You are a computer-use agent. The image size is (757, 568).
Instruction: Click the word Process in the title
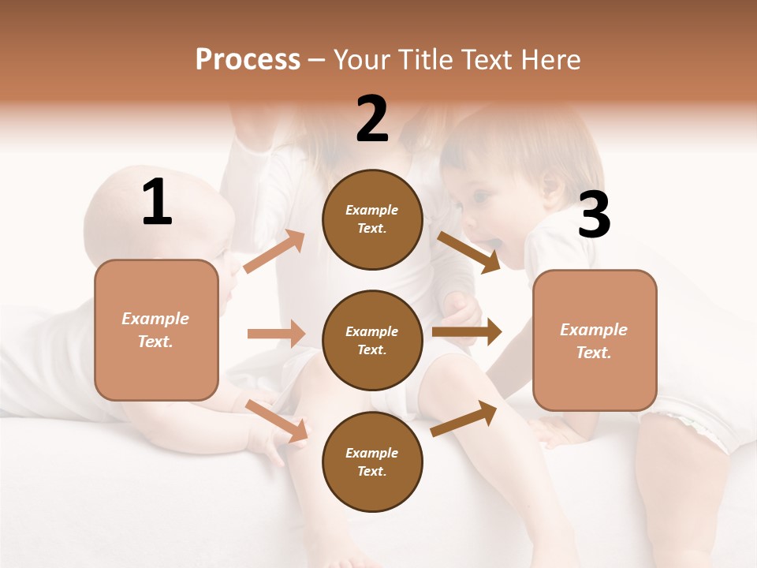248,59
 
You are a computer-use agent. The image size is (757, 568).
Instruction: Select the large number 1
157,203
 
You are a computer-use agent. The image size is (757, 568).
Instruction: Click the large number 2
372,119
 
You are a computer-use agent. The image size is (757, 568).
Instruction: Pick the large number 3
594,215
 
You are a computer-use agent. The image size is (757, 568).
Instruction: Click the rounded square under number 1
156,330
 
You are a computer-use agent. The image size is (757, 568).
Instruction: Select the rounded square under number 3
595,341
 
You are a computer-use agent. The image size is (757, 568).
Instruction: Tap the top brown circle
372,219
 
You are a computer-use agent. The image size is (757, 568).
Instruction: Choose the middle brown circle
372,340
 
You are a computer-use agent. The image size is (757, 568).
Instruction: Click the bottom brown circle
372,461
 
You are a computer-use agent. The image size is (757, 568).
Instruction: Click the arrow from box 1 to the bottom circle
277,420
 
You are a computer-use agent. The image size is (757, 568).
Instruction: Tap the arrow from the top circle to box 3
468,252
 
